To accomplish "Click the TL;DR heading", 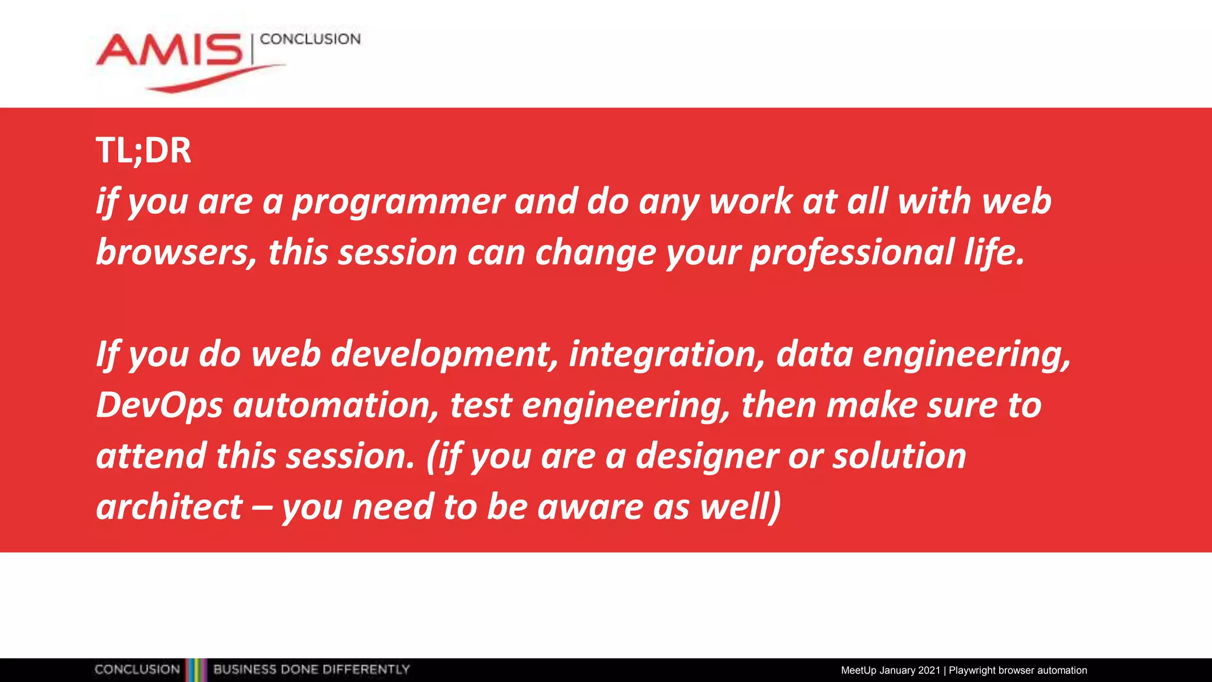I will pos(143,150).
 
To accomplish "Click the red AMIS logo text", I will pos(169,51).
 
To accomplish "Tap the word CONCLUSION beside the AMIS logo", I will pos(310,39).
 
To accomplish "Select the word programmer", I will pos(398,202).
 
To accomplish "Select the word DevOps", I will pos(159,406).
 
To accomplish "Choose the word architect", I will pos(169,508).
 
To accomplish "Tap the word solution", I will pos(900,457).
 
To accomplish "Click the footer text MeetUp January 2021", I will pos(890,670).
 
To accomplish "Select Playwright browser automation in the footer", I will pos(1018,670).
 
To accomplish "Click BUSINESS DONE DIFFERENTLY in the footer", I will pos(311,670).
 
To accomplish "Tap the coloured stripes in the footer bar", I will pos(196,670).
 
